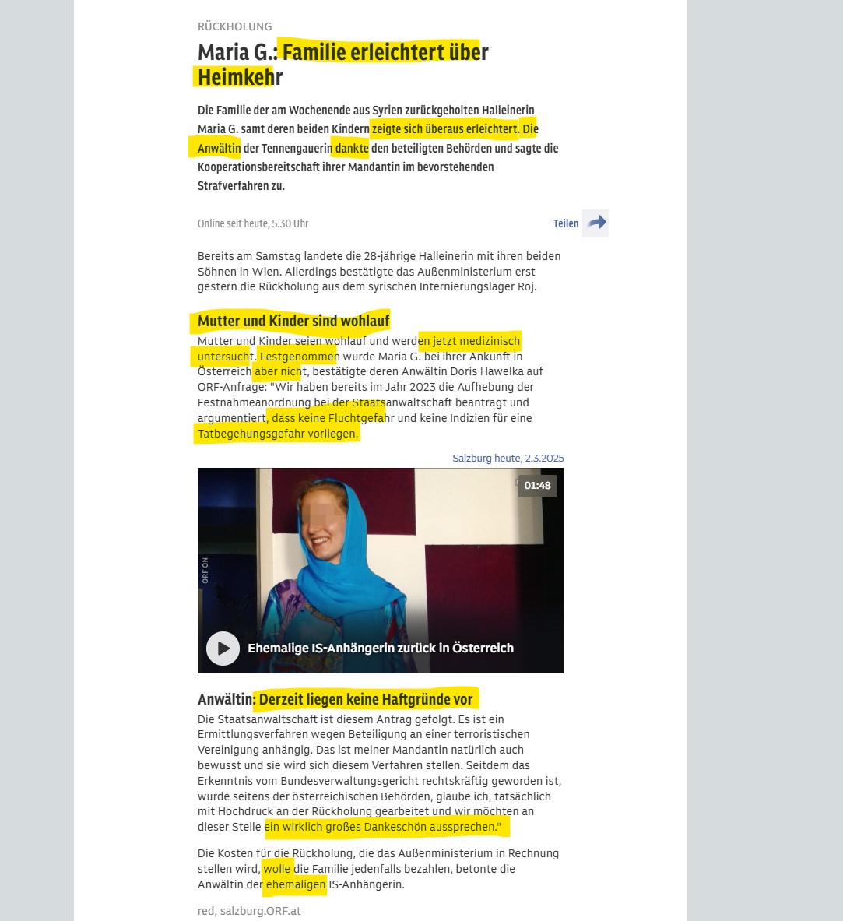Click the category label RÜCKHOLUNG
[234, 26]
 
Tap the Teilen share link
[565, 223]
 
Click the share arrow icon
[595, 223]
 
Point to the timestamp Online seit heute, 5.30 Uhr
[253, 223]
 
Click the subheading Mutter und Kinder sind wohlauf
[293, 321]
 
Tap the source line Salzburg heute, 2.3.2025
[508, 459]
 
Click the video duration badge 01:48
[537, 486]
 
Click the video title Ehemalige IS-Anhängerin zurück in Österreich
[380, 648]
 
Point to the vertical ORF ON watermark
[205, 571]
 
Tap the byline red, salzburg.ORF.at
[249, 910]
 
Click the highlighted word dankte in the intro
[351, 148]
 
